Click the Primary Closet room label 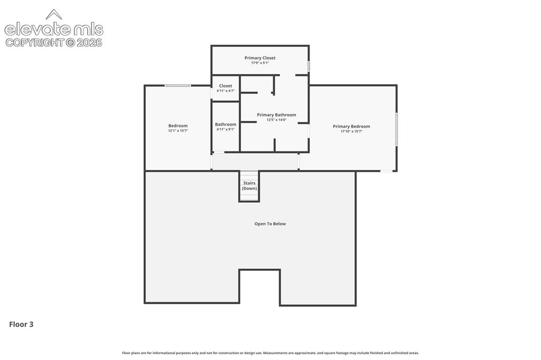(x=260, y=58)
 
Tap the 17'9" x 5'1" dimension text (x=260, y=63)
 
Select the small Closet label (x=226, y=86)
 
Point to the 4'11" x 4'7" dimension (x=226, y=91)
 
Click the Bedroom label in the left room (x=178, y=126)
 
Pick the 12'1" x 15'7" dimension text (x=178, y=131)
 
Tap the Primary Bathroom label (x=276, y=115)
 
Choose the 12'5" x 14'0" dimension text (x=276, y=120)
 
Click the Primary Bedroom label (x=351, y=127)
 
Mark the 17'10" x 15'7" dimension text (x=351, y=131)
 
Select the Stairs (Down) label (x=249, y=186)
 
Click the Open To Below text (x=270, y=224)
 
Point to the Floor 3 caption (x=21, y=325)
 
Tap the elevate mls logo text (x=54, y=30)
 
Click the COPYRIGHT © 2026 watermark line (x=54, y=43)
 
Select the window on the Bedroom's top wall (x=178, y=86)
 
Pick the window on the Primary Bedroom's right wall (x=396, y=129)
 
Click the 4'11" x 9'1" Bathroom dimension (x=226, y=129)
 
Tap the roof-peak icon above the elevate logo (x=54, y=14)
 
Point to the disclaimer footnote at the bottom (x=270, y=353)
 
